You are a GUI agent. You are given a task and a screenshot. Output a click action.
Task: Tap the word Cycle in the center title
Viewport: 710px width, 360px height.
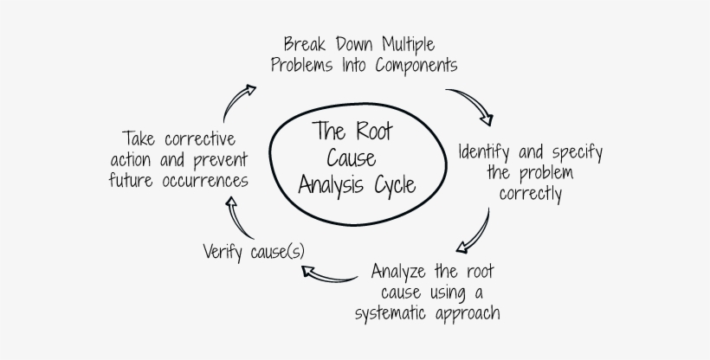click(390, 184)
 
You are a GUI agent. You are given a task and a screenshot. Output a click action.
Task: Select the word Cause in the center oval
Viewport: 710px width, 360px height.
click(350, 158)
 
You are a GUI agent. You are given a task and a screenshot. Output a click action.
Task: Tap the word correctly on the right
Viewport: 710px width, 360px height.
click(530, 193)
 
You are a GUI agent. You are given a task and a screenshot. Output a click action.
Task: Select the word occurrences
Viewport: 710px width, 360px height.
click(205, 180)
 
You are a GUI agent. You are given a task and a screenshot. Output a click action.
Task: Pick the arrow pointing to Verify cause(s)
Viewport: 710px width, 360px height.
click(328, 275)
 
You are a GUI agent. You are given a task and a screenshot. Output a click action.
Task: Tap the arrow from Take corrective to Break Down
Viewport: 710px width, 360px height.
click(236, 102)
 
